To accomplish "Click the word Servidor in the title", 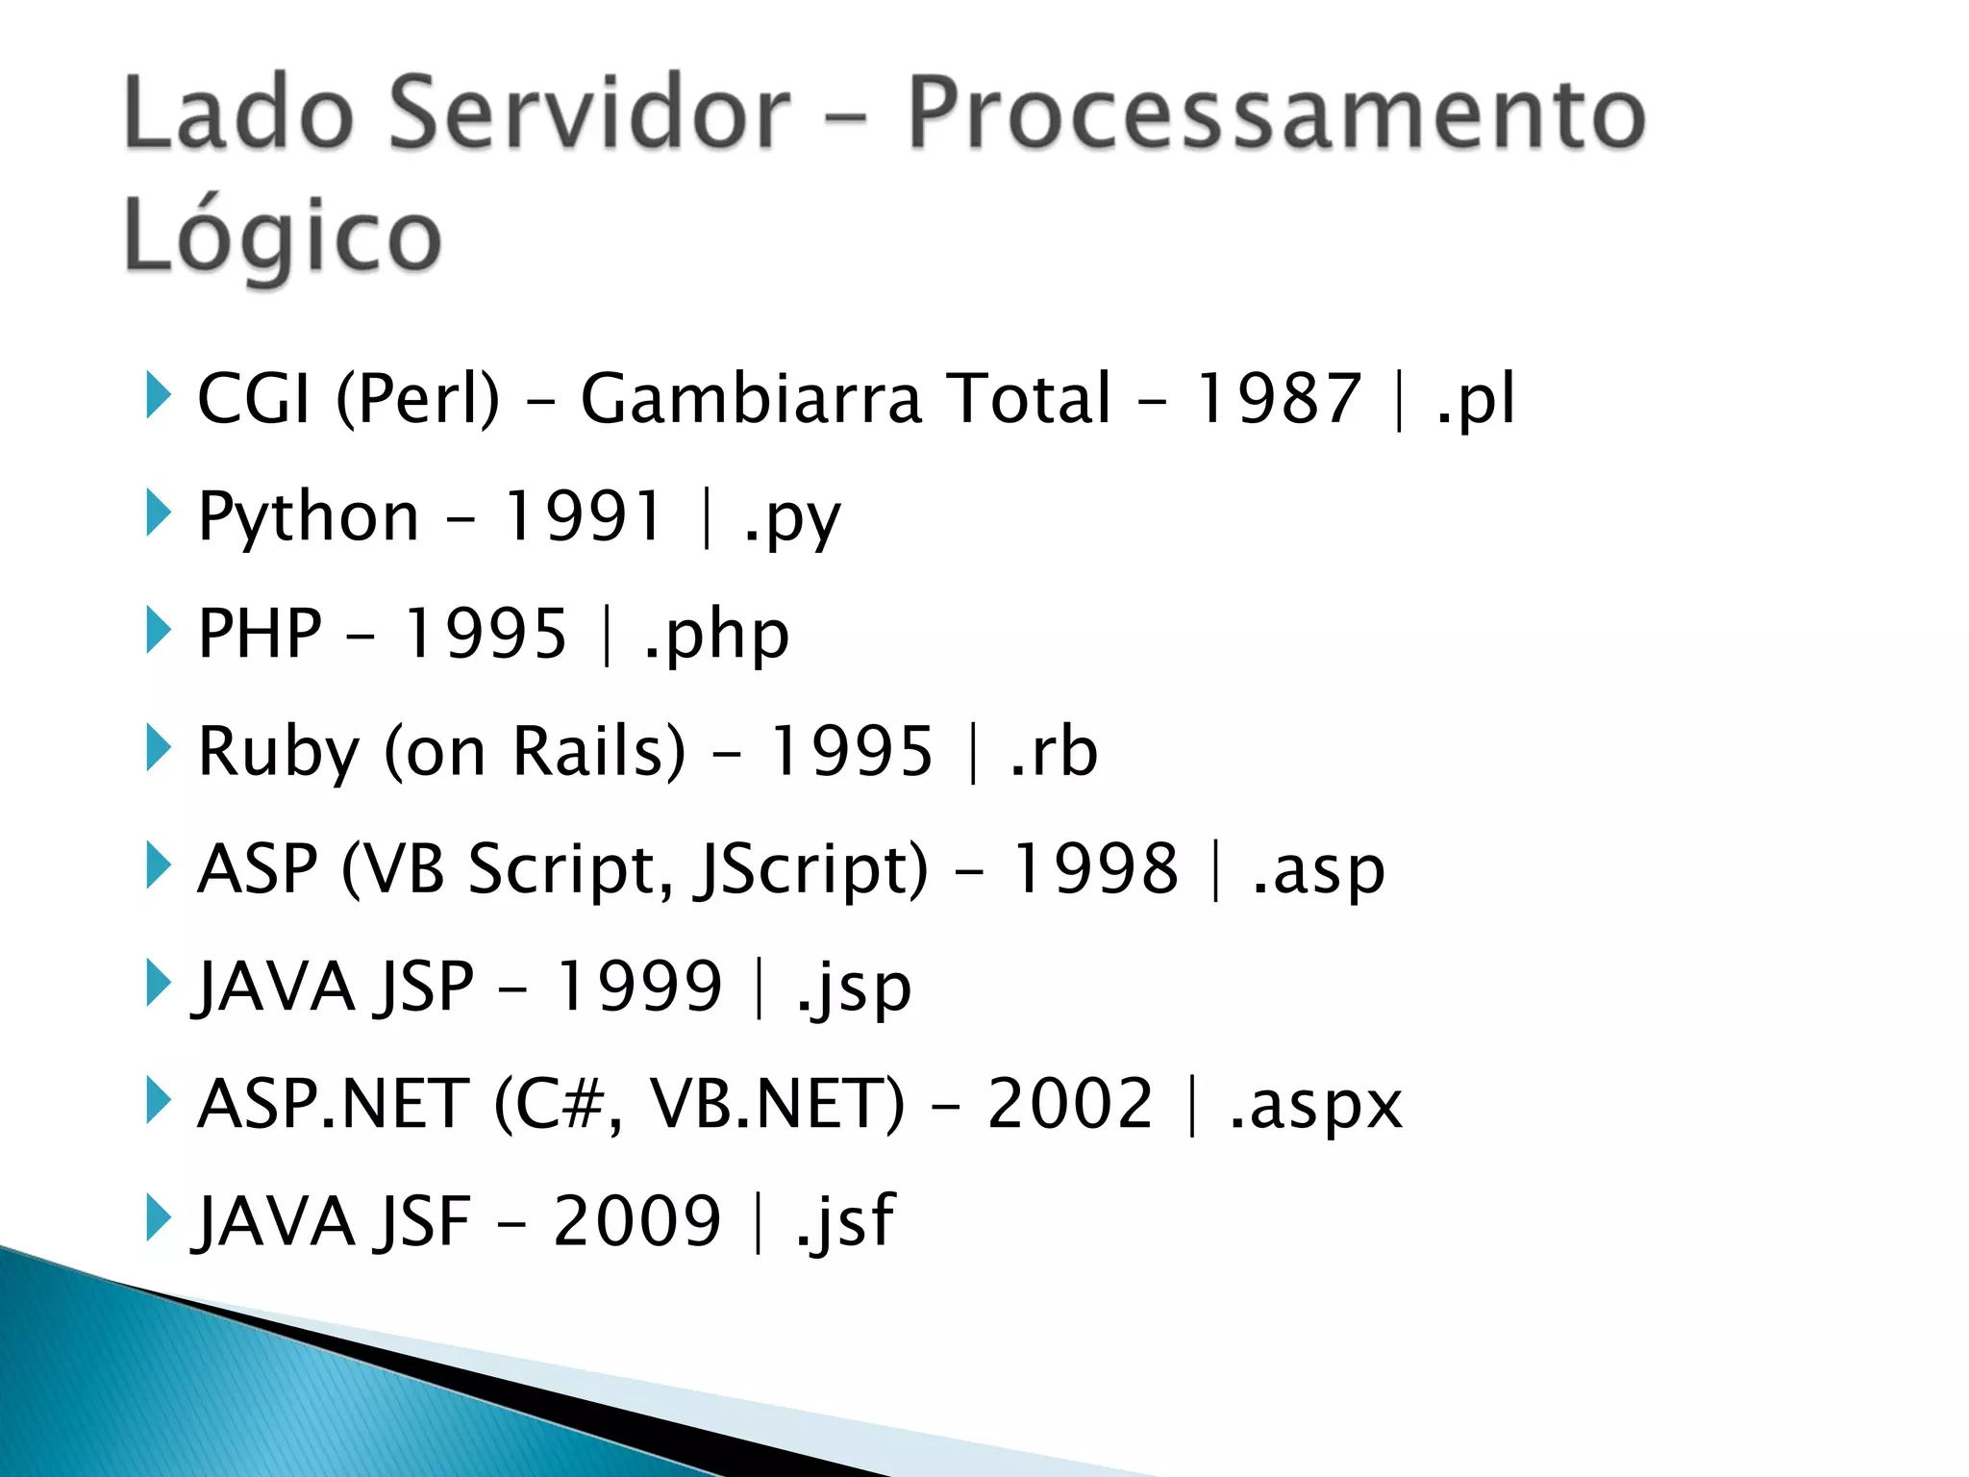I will (589, 113).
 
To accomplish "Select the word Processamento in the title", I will (1277, 113).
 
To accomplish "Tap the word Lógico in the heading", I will (283, 237).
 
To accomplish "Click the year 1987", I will (1278, 398).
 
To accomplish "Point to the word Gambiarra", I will (751, 398).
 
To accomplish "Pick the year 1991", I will (584, 516).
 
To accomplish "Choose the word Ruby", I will (278, 752).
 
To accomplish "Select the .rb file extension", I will (1054, 751).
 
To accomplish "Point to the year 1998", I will (1096, 868).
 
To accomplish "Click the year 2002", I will (1070, 1103).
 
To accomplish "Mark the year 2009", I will (637, 1221).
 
